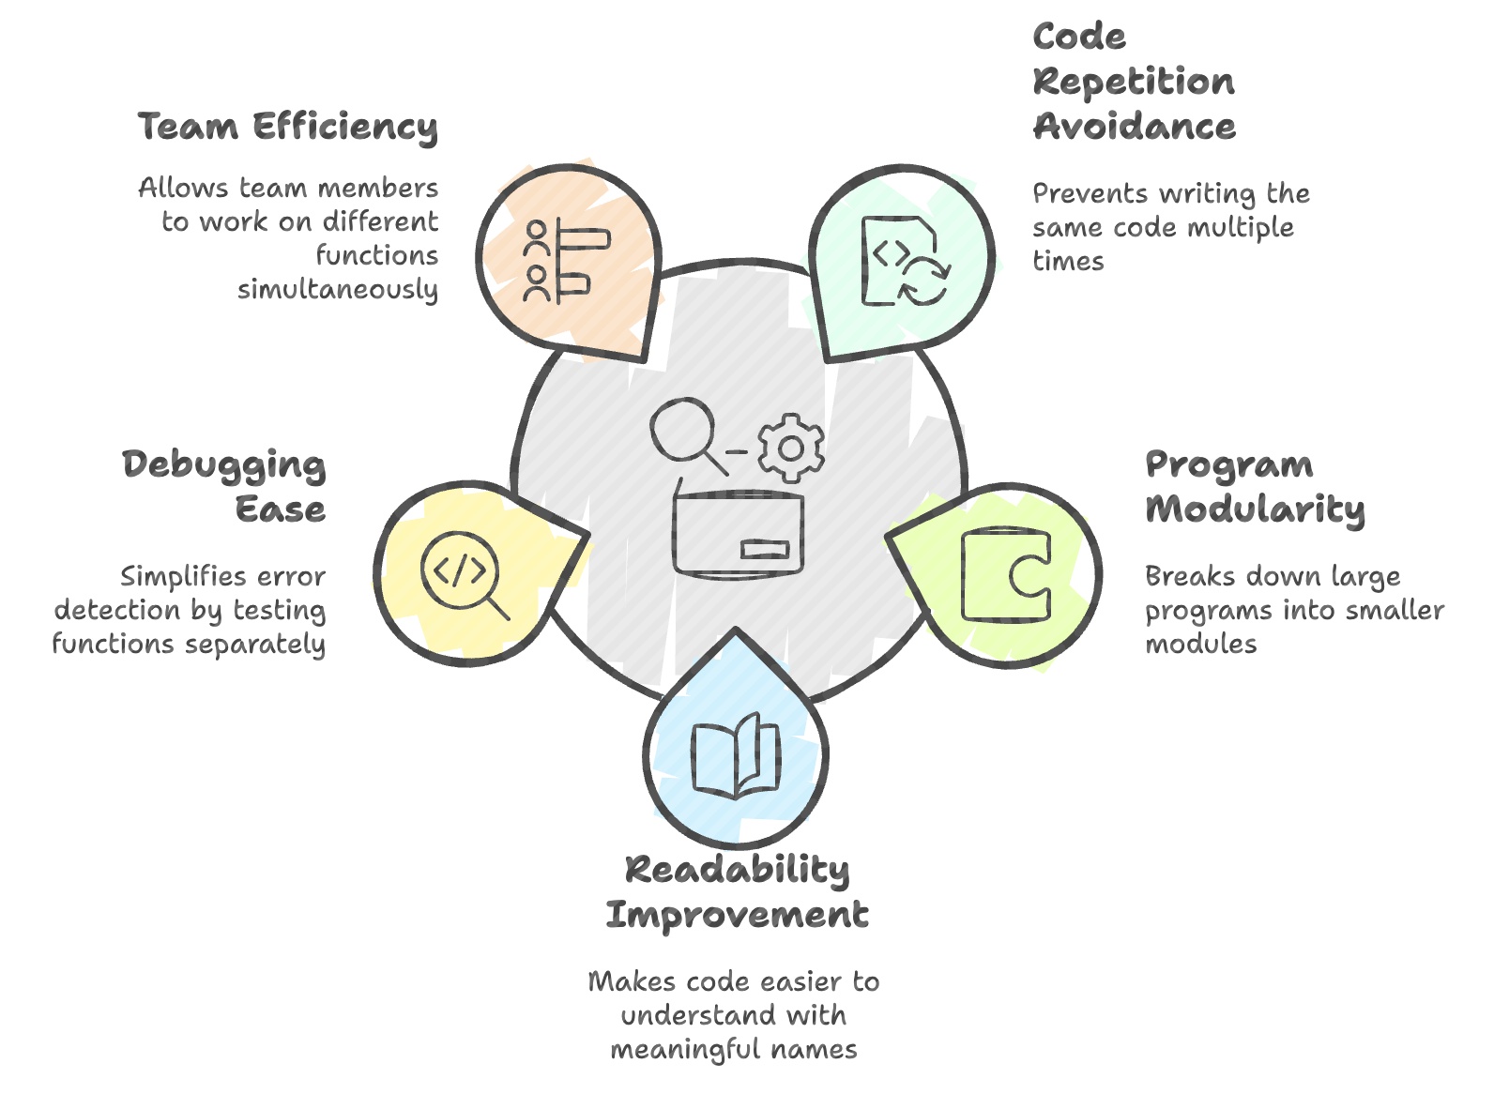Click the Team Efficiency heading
coord(287,128)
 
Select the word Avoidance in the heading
coord(1134,126)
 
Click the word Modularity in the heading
coord(1255,510)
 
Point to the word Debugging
coord(223,465)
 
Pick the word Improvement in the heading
coord(737,914)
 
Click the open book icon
coord(736,755)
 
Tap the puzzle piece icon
coord(1006,574)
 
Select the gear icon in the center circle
coord(791,448)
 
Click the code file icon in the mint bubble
coord(906,262)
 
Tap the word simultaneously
coord(338,290)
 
